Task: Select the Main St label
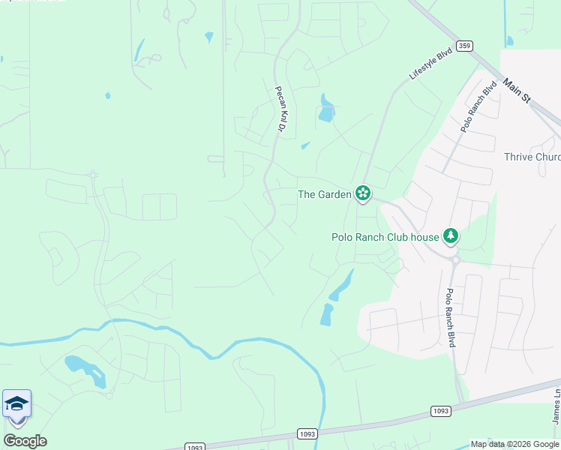(x=517, y=92)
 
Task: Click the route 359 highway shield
(x=466, y=46)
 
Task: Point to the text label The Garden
(x=325, y=194)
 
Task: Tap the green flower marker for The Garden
(x=363, y=193)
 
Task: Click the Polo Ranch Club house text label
(x=385, y=237)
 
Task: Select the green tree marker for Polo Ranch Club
(x=450, y=236)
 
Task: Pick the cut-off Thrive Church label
(x=532, y=157)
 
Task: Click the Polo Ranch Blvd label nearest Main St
(x=479, y=107)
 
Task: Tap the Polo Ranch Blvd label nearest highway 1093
(x=451, y=318)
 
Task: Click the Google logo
(x=25, y=441)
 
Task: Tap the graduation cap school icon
(x=16, y=403)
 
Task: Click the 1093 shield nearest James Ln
(x=440, y=411)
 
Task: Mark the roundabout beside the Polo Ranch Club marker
(x=454, y=259)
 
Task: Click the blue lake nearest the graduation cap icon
(x=85, y=370)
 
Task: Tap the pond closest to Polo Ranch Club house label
(x=342, y=285)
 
